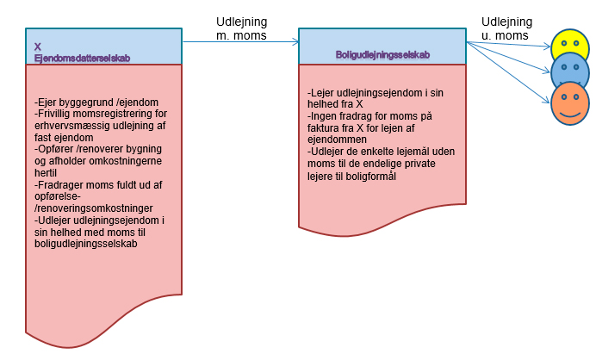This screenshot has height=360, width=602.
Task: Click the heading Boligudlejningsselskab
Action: pos(383,54)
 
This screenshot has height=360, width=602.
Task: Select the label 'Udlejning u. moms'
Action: pos(506,29)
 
